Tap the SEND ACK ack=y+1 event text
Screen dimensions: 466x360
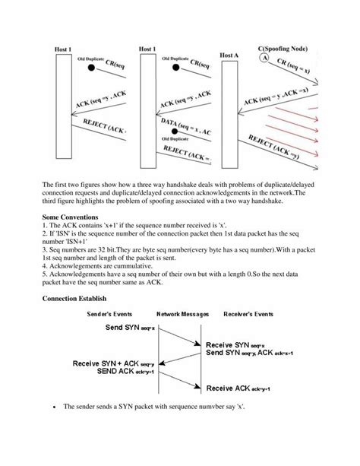[x=125, y=372]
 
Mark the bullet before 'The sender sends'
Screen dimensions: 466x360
[x=55, y=407]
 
